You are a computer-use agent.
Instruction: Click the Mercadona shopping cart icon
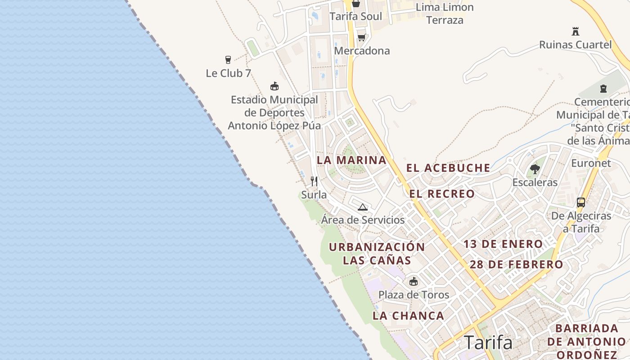pyautogui.click(x=361, y=37)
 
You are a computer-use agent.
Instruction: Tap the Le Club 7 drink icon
pyautogui.click(x=228, y=59)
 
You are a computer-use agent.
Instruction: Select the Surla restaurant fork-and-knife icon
pyautogui.click(x=314, y=181)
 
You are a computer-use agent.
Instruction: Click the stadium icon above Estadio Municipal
pyautogui.click(x=274, y=86)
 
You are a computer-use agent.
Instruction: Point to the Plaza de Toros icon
pyautogui.click(x=414, y=282)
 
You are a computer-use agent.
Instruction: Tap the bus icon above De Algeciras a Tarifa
pyautogui.click(x=581, y=202)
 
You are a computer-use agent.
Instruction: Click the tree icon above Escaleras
pyautogui.click(x=535, y=169)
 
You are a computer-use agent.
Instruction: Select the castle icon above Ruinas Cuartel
pyautogui.click(x=575, y=31)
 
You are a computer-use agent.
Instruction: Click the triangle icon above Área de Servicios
pyautogui.click(x=363, y=207)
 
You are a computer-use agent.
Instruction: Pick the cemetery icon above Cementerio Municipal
pyautogui.click(x=603, y=89)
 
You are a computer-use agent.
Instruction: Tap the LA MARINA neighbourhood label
pyautogui.click(x=352, y=160)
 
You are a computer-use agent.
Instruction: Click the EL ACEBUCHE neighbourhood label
pyautogui.click(x=448, y=168)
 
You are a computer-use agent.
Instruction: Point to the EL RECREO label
pyautogui.click(x=442, y=194)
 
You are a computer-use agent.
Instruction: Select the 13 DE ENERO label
pyautogui.click(x=503, y=244)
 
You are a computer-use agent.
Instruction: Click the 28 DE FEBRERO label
pyautogui.click(x=517, y=265)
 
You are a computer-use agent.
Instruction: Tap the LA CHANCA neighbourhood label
pyautogui.click(x=409, y=316)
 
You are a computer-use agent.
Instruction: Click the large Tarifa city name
pyautogui.click(x=488, y=343)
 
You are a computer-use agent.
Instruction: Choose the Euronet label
pyautogui.click(x=591, y=163)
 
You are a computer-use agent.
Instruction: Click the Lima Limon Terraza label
pyautogui.click(x=445, y=13)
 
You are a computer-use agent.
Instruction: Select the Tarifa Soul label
pyautogui.click(x=355, y=17)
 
